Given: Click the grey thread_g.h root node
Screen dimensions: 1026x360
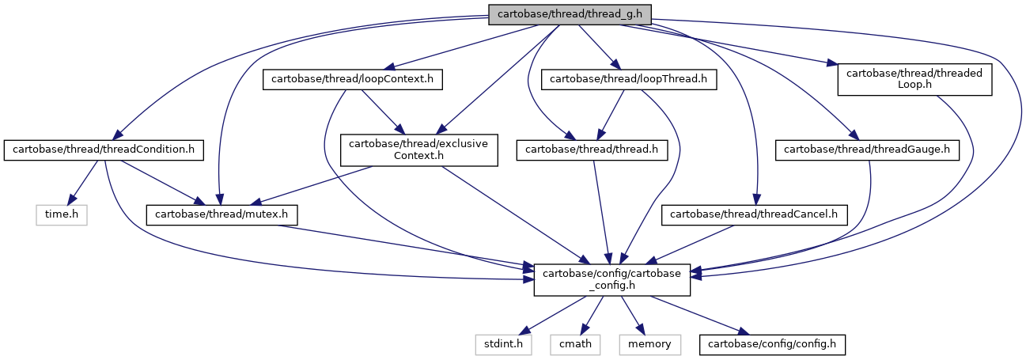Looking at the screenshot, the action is click(570, 15).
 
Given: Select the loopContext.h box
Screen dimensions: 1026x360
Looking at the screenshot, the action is click(352, 79).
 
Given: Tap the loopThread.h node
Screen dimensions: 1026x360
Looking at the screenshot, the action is click(628, 79).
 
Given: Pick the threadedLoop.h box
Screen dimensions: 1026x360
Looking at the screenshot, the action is click(914, 79).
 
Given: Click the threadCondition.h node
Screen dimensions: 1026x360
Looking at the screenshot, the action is click(104, 150).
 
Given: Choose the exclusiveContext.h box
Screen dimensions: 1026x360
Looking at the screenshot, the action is click(418, 150).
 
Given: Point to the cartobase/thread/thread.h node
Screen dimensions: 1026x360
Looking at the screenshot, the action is click(592, 150).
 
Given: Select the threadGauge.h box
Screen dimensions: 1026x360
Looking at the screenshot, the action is click(867, 150).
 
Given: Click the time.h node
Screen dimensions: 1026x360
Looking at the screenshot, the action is click(62, 214).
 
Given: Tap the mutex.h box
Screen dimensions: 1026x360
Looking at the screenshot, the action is click(221, 214).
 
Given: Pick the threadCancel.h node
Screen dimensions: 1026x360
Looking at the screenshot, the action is click(754, 214).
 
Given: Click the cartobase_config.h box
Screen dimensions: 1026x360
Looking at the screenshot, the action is click(612, 279).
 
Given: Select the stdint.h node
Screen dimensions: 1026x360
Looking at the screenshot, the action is click(503, 344).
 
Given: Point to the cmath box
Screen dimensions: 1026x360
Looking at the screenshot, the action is click(575, 344).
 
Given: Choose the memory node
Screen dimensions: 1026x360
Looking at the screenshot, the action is click(649, 344).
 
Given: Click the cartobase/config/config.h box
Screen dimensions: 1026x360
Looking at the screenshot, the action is click(772, 344).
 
